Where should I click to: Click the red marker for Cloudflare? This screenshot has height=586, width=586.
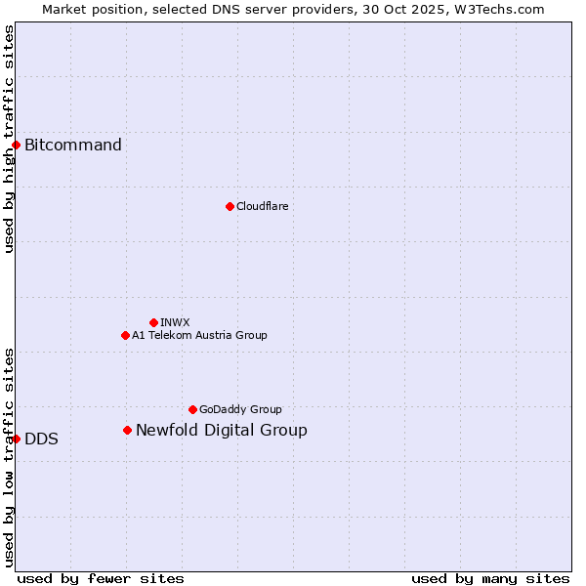pyautogui.click(x=230, y=206)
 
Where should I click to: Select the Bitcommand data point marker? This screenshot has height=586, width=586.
pyautogui.click(x=16, y=146)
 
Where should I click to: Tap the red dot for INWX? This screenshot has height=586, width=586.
pyautogui.click(x=153, y=322)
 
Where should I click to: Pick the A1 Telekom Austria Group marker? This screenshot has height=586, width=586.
pyautogui.click(x=125, y=335)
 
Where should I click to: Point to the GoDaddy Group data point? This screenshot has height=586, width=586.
pyautogui.click(x=192, y=409)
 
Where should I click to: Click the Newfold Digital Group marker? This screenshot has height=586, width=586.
pyautogui.click(x=127, y=430)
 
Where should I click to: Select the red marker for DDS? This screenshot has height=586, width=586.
pyautogui.click(x=17, y=439)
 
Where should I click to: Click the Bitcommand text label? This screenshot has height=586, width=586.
pyautogui.click(x=73, y=146)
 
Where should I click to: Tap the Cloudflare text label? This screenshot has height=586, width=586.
pyautogui.click(x=262, y=206)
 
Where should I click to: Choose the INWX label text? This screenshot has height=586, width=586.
pyautogui.click(x=175, y=322)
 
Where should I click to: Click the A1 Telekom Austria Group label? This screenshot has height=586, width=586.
pyautogui.click(x=199, y=335)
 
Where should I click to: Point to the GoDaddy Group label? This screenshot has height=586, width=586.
pyautogui.click(x=240, y=409)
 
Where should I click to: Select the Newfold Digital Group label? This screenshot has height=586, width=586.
pyautogui.click(x=221, y=430)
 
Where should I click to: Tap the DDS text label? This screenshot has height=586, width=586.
pyautogui.click(x=41, y=439)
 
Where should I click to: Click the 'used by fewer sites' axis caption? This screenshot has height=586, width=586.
pyautogui.click(x=101, y=578)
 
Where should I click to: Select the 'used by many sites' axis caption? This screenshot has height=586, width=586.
pyautogui.click(x=490, y=578)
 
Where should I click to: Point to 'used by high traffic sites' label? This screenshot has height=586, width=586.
pyautogui.click(x=9, y=139)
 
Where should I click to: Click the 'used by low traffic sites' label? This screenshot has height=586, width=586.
pyautogui.click(x=9, y=457)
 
